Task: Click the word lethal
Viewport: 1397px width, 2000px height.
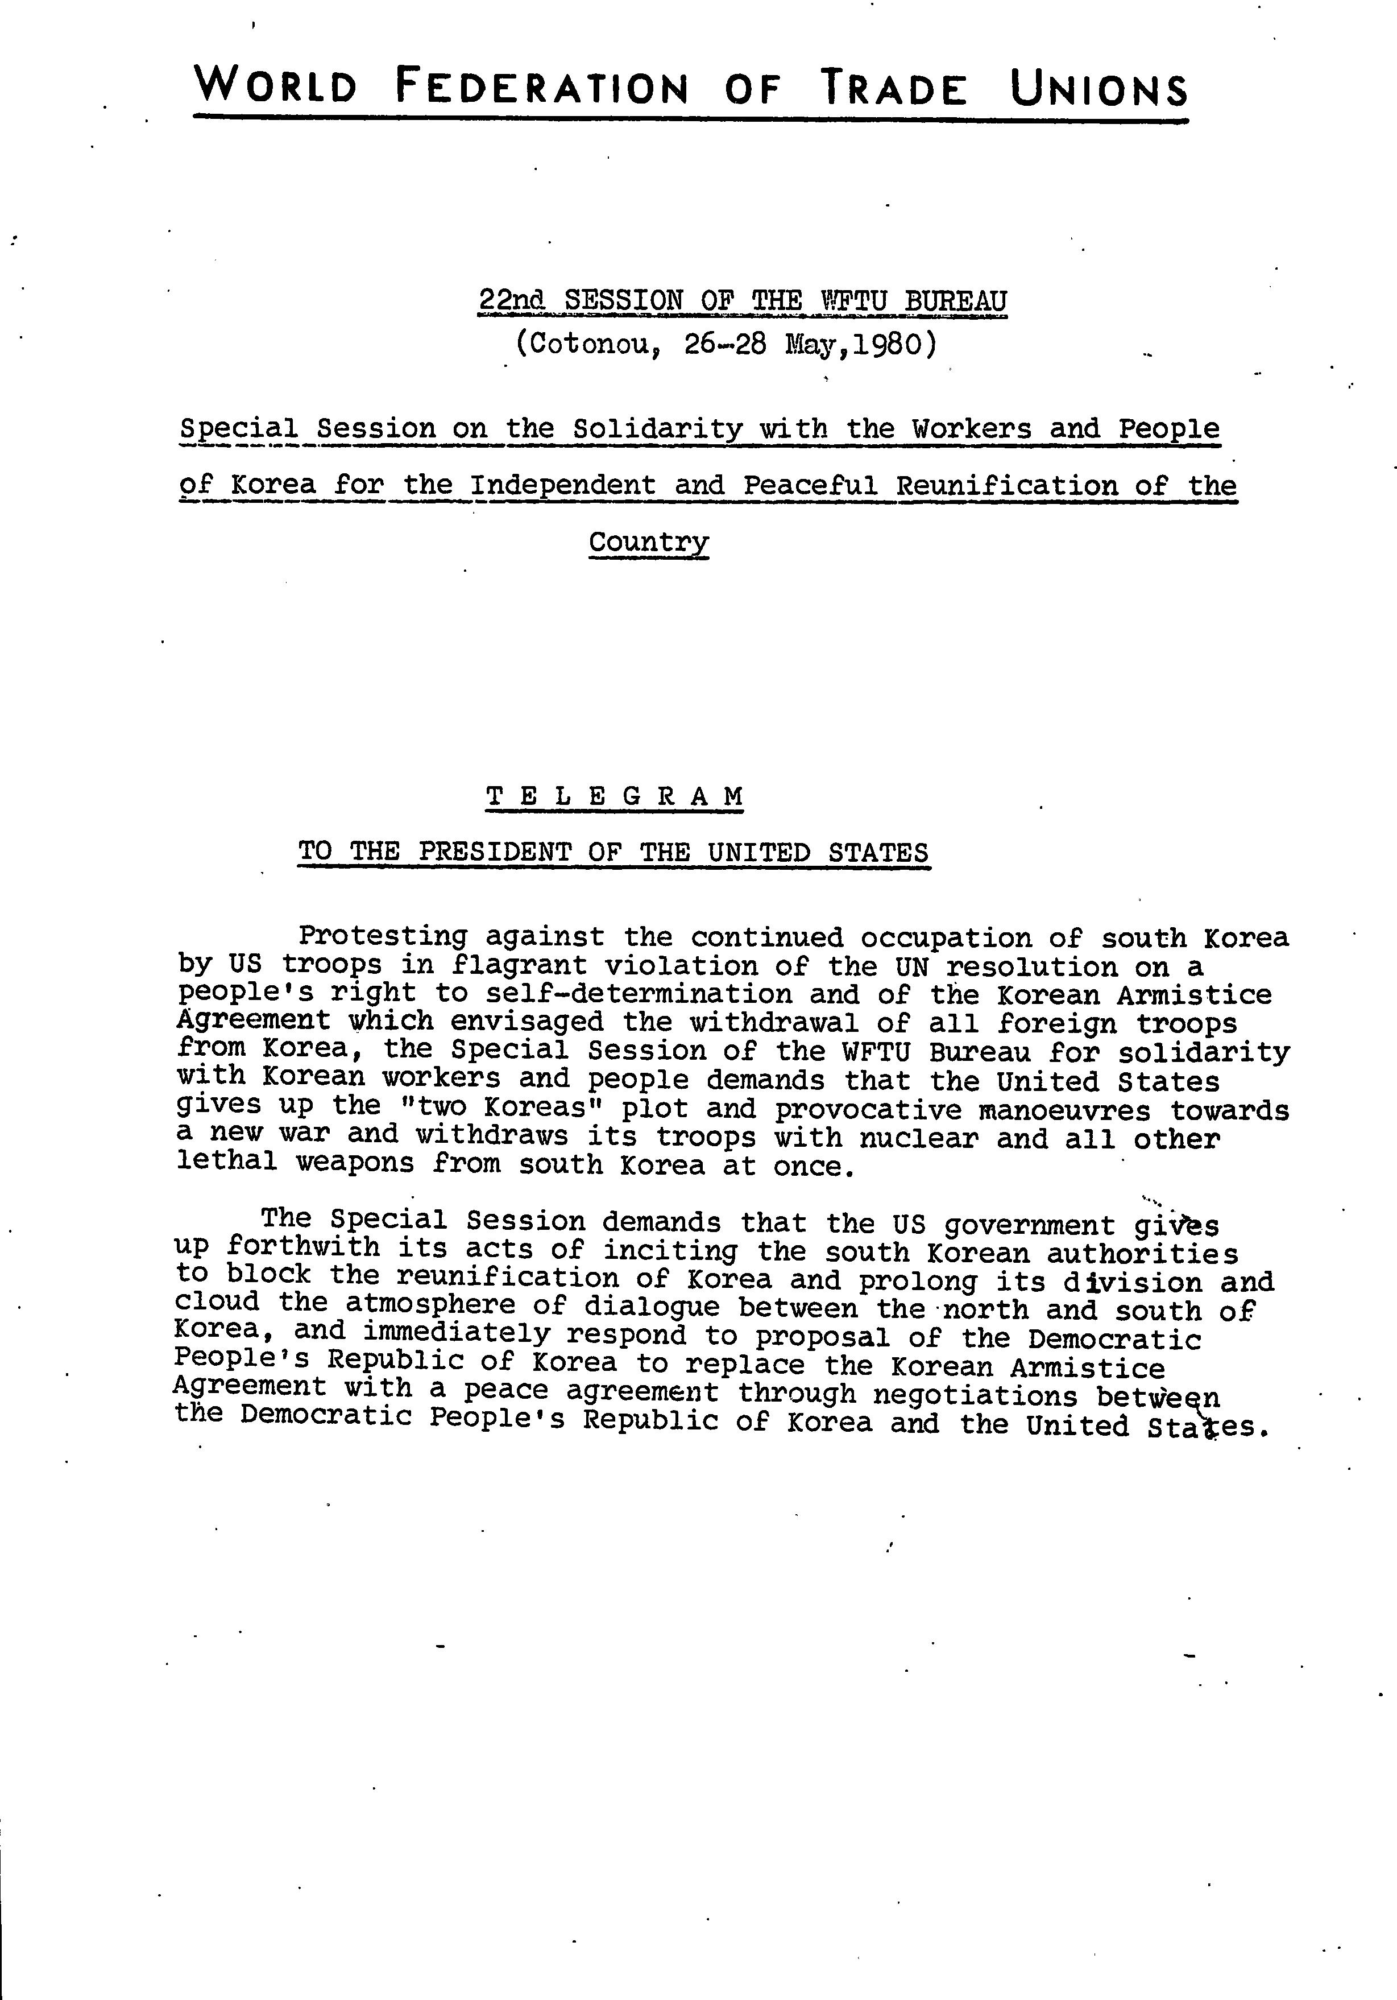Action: (226, 1163)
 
